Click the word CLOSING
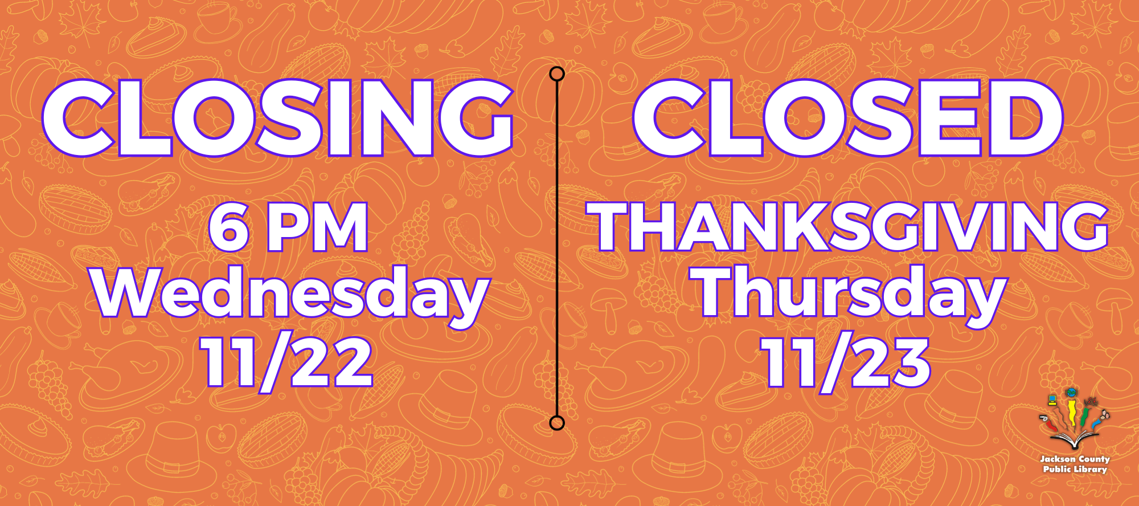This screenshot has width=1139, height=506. tap(278, 118)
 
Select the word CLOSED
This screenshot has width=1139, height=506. tap(848, 118)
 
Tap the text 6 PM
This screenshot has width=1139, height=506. tap(289, 227)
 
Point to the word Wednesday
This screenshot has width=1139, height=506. tap(291, 295)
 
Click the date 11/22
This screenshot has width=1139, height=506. tap(288, 362)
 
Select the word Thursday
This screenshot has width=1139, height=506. tap(849, 295)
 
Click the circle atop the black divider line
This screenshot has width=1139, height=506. tap(557, 74)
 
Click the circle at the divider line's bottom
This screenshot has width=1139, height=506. tap(557, 423)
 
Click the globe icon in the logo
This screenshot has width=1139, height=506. tap(1072, 393)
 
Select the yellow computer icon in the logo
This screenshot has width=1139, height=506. tap(1053, 400)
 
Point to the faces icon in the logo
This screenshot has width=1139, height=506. tap(1104, 415)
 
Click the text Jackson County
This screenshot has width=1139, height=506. tap(1075, 459)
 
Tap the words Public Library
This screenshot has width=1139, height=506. tap(1075, 469)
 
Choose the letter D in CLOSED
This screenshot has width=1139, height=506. tap(1026, 118)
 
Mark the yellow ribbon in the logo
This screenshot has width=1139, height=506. tap(1073, 413)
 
